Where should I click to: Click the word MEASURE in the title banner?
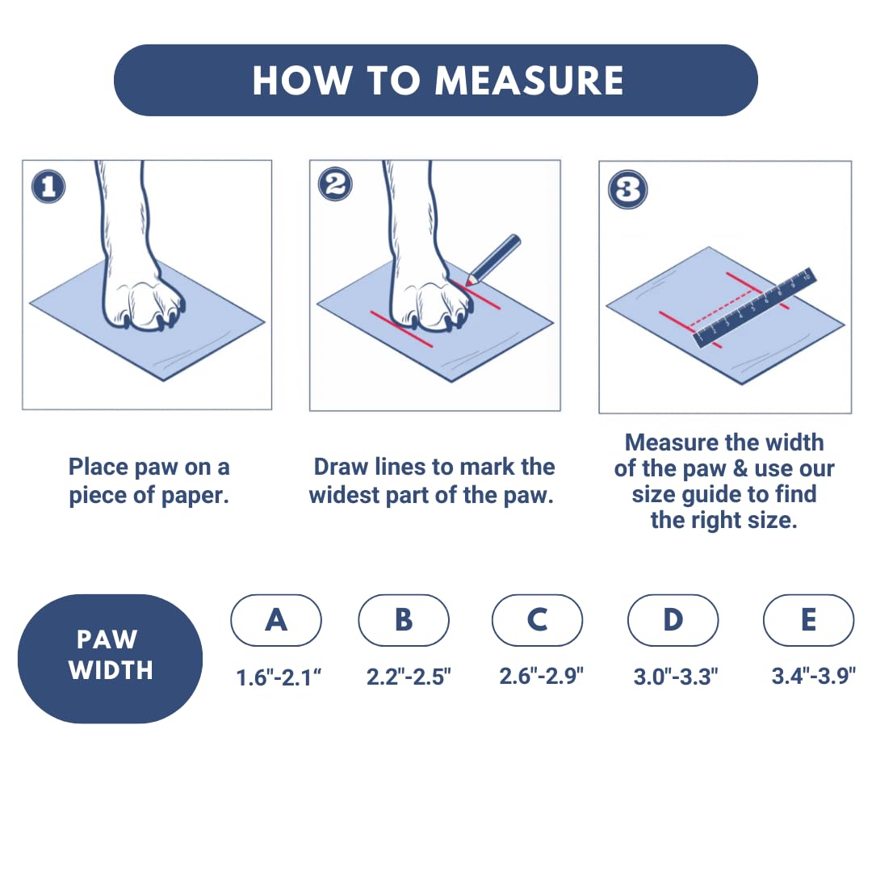click(x=529, y=81)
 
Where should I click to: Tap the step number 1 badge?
click(x=48, y=187)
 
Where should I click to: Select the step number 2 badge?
click(x=335, y=184)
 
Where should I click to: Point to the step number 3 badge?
click(x=628, y=190)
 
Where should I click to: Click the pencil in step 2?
click(x=493, y=260)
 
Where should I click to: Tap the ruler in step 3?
click(x=754, y=308)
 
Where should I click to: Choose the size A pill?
click(x=276, y=620)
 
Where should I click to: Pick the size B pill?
click(x=404, y=620)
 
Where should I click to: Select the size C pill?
click(x=537, y=620)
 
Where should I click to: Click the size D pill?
click(x=673, y=620)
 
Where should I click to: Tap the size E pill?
click(x=808, y=620)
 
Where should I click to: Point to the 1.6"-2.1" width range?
click(x=279, y=677)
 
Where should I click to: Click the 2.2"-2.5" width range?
click(x=409, y=677)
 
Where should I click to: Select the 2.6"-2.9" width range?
click(x=541, y=676)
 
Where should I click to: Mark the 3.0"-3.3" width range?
click(x=676, y=677)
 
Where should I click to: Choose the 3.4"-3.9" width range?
click(x=814, y=676)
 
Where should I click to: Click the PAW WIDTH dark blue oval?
click(x=110, y=659)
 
